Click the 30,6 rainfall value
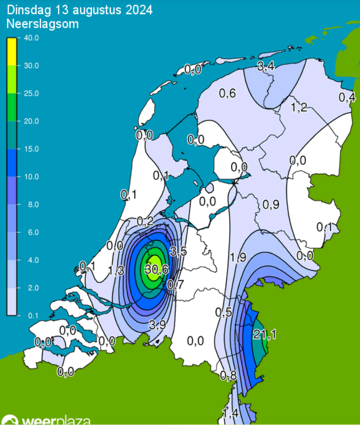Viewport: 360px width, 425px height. [156, 269]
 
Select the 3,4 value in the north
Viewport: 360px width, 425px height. [265, 66]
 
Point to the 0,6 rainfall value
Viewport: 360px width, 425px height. [228, 93]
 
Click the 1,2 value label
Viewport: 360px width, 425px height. [299, 107]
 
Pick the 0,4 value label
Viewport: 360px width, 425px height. [347, 98]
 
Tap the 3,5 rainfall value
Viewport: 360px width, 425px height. [178, 251]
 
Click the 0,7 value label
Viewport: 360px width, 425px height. [175, 285]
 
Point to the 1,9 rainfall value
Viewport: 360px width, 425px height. [238, 258]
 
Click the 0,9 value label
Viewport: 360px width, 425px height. [271, 204]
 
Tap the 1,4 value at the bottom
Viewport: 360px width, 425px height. [230, 413]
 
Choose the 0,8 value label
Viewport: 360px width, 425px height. [228, 375]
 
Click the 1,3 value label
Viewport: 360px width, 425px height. [116, 270]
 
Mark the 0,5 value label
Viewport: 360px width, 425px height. [224, 312]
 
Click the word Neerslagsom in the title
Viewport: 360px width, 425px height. [43, 23]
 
